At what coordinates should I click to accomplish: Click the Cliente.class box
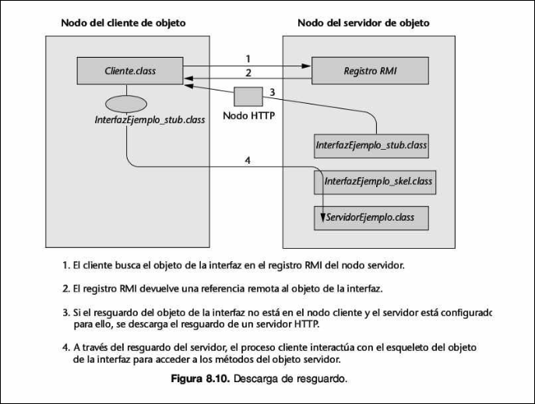point(129,71)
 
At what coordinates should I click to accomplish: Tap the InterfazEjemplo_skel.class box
point(373,182)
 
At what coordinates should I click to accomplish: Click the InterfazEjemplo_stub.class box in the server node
point(371,145)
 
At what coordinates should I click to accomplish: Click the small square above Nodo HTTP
point(247,97)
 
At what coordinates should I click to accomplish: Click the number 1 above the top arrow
point(247,58)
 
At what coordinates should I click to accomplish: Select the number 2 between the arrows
point(247,73)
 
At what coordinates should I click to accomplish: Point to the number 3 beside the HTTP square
point(272,92)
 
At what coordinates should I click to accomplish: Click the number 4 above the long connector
point(247,161)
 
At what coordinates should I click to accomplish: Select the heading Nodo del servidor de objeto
point(363,23)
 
